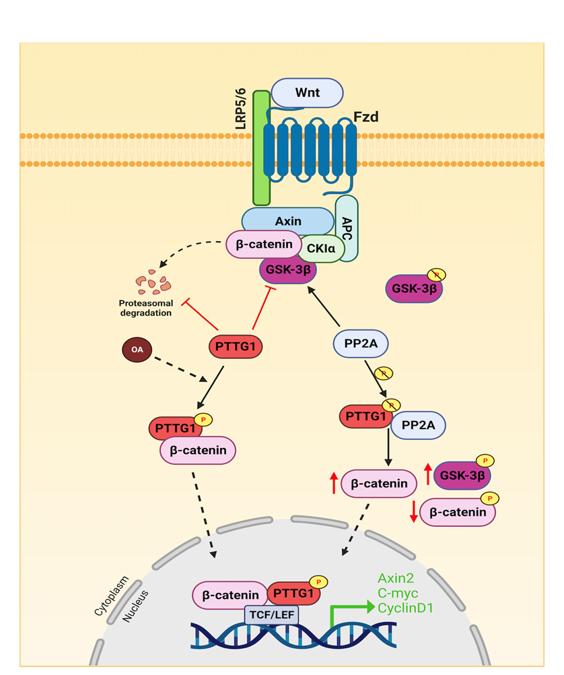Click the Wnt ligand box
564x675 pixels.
coord(306,93)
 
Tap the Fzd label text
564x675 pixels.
coord(366,117)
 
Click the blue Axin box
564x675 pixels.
coord(288,221)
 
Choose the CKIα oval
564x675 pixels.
coord(321,248)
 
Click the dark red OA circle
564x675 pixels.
coord(137,350)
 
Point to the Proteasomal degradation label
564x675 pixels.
coord(146,308)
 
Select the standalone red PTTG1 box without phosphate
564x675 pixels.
coord(236,347)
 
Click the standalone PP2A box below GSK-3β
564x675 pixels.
coord(360,344)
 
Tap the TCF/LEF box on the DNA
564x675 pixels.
coord(271,614)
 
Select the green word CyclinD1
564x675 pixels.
coord(404,608)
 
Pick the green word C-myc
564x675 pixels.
coord(398,593)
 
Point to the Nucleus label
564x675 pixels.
coord(135,605)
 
